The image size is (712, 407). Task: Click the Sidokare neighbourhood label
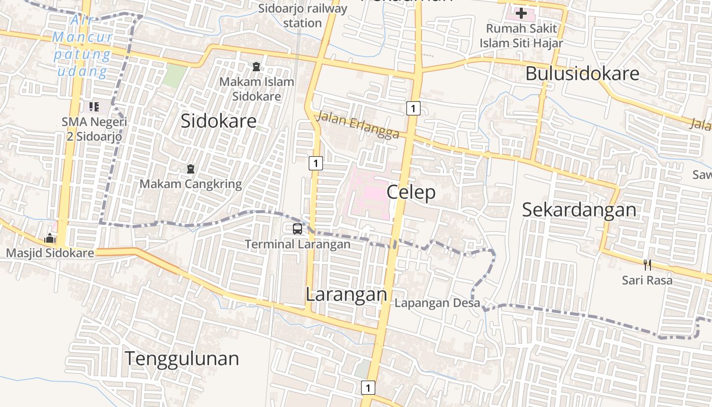coord(219,121)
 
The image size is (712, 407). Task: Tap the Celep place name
coord(411,192)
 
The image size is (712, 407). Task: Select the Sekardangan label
coord(579,210)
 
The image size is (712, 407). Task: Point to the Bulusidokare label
coord(582,74)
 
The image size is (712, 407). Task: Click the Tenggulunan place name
coord(182,358)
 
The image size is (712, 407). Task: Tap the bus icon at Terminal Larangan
coord(298,229)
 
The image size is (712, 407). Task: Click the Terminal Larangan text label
coord(298,244)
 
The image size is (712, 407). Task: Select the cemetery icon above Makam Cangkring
coord(191,168)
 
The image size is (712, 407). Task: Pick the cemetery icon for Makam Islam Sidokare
coord(256,66)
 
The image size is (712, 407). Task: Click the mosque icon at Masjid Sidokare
coord(50,238)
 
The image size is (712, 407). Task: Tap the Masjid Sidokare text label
coord(50,253)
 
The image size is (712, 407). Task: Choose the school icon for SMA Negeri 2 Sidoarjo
coord(94,106)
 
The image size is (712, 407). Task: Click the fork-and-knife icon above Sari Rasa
coord(647,265)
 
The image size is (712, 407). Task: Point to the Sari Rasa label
coord(647,280)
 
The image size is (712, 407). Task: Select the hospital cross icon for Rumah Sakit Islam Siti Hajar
coord(521,13)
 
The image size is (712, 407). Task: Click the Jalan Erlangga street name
coord(357,125)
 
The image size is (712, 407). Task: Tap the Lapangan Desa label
coord(437,303)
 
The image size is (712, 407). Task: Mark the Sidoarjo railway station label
coord(303,16)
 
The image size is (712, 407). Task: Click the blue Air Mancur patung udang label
coord(82,46)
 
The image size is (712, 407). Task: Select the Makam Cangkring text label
coord(191,184)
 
